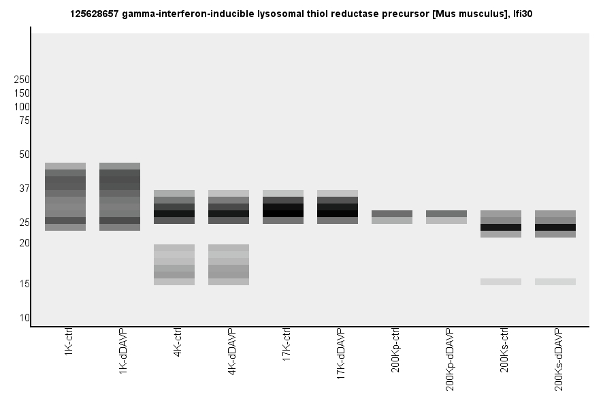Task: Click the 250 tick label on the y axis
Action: coord(22,80)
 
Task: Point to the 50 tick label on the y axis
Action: coord(25,155)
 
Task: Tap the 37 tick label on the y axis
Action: coord(25,189)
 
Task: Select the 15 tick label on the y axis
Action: coord(25,284)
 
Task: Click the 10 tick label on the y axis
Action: coord(25,318)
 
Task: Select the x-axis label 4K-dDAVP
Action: coord(232,352)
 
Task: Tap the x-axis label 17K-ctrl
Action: coord(287,346)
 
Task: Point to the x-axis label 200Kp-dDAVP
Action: coord(450,359)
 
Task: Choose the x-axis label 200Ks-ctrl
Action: coord(504,351)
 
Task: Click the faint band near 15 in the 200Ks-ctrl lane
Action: coord(501,282)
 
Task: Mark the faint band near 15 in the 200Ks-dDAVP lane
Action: coord(555,282)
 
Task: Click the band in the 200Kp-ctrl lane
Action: coord(392,216)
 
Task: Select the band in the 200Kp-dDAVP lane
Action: coord(446,216)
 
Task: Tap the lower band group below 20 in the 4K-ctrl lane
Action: coord(174,265)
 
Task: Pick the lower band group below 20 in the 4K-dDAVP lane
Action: coord(229,265)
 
